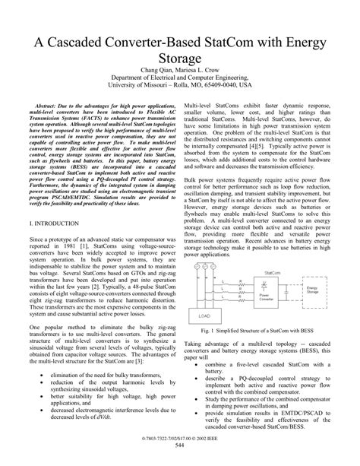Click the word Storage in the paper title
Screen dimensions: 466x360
pos(179,60)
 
